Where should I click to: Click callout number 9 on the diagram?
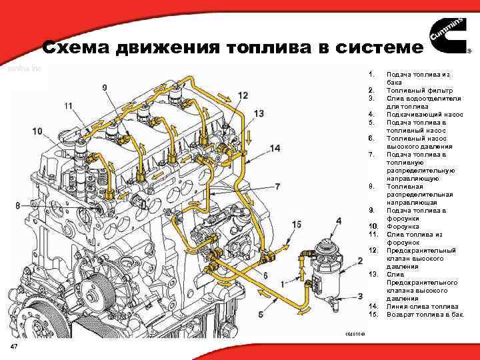click(x=105, y=87)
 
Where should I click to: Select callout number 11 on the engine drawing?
click(x=69, y=106)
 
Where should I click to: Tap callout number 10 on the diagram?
click(x=37, y=131)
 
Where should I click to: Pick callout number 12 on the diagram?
click(x=242, y=95)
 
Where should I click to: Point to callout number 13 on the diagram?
click(x=259, y=114)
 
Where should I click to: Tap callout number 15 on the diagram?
click(x=297, y=224)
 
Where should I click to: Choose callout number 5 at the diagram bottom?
click(x=261, y=313)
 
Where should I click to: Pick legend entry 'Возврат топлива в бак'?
click(x=425, y=313)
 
